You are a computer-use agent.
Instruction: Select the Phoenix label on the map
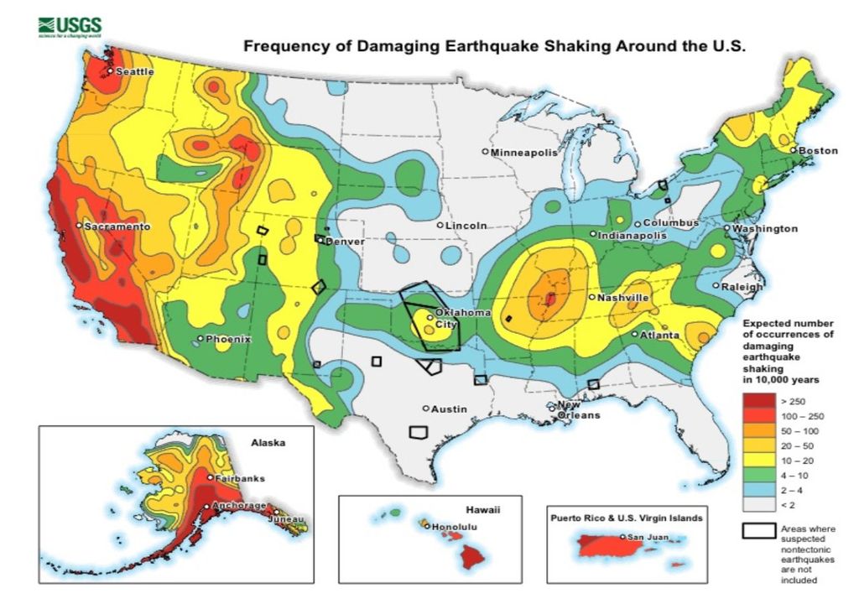point(228,339)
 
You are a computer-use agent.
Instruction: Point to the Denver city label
point(346,242)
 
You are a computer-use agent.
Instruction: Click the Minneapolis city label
point(523,153)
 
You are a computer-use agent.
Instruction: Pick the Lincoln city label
point(466,226)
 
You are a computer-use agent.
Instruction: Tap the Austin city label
point(448,409)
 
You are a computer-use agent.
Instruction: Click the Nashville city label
point(622,298)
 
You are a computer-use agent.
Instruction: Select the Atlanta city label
point(659,336)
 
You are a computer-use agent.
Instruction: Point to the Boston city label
point(817,151)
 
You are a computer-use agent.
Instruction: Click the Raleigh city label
point(742,287)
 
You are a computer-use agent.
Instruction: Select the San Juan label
point(647,537)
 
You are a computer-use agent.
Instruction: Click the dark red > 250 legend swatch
point(756,402)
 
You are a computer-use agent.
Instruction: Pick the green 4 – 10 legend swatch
point(756,475)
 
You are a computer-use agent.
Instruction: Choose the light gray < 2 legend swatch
point(756,504)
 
